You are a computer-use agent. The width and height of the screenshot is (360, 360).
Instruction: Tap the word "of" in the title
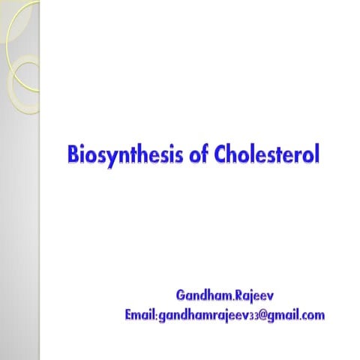point(190,154)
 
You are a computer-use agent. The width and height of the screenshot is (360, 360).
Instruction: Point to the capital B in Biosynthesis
point(73,154)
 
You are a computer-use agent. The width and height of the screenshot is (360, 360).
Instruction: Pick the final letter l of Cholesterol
point(317,154)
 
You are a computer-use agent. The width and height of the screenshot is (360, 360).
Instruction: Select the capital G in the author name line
point(181,290)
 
